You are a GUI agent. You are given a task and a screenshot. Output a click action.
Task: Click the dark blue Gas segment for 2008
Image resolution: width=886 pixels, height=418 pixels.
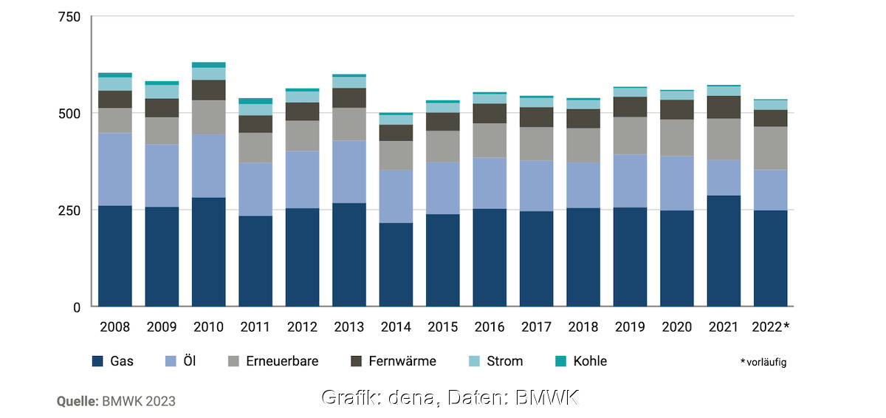click(115, 256)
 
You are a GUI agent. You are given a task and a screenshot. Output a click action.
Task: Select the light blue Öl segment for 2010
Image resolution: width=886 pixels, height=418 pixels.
click(209, 165)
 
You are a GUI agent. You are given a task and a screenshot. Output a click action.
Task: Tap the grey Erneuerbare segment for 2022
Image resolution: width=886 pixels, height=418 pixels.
click(770, 148)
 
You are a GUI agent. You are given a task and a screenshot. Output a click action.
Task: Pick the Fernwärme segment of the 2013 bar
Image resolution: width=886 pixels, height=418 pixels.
click(349, 97)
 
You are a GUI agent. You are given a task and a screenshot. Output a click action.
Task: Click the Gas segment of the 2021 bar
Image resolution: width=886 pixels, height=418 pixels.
click(724, 250)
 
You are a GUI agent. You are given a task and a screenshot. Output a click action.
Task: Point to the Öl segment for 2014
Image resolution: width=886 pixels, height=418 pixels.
click(396, 196)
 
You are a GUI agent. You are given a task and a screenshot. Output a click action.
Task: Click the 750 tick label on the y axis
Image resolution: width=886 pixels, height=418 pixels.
click(69, 16)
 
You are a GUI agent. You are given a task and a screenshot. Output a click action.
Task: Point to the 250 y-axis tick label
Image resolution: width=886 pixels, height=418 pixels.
click(69, 210)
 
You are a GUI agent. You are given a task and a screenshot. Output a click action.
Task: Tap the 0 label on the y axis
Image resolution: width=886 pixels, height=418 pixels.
click(76, 306)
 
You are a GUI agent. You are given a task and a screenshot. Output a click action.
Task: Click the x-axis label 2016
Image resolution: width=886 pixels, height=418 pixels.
click(490, 327)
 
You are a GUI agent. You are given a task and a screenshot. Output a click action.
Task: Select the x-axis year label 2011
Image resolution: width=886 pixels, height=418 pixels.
click(255, 327)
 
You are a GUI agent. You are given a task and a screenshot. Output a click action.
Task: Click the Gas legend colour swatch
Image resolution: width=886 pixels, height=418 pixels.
click(97, 361)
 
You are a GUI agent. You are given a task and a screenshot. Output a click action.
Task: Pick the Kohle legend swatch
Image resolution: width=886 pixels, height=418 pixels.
click(560, 361)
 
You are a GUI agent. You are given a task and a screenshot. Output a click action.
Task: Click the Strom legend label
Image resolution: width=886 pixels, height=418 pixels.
click(505, 361)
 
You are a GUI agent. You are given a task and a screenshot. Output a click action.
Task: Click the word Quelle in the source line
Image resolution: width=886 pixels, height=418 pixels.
click(78, 401)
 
